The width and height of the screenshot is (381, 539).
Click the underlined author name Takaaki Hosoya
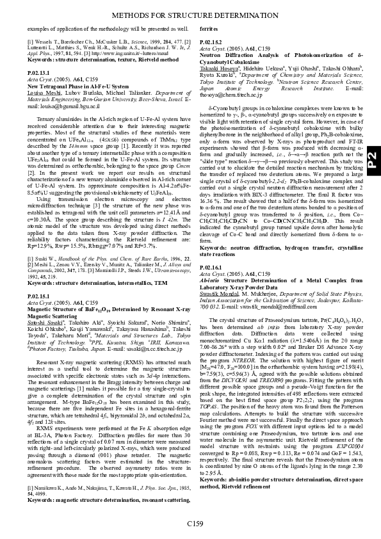tap(217, 64)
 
